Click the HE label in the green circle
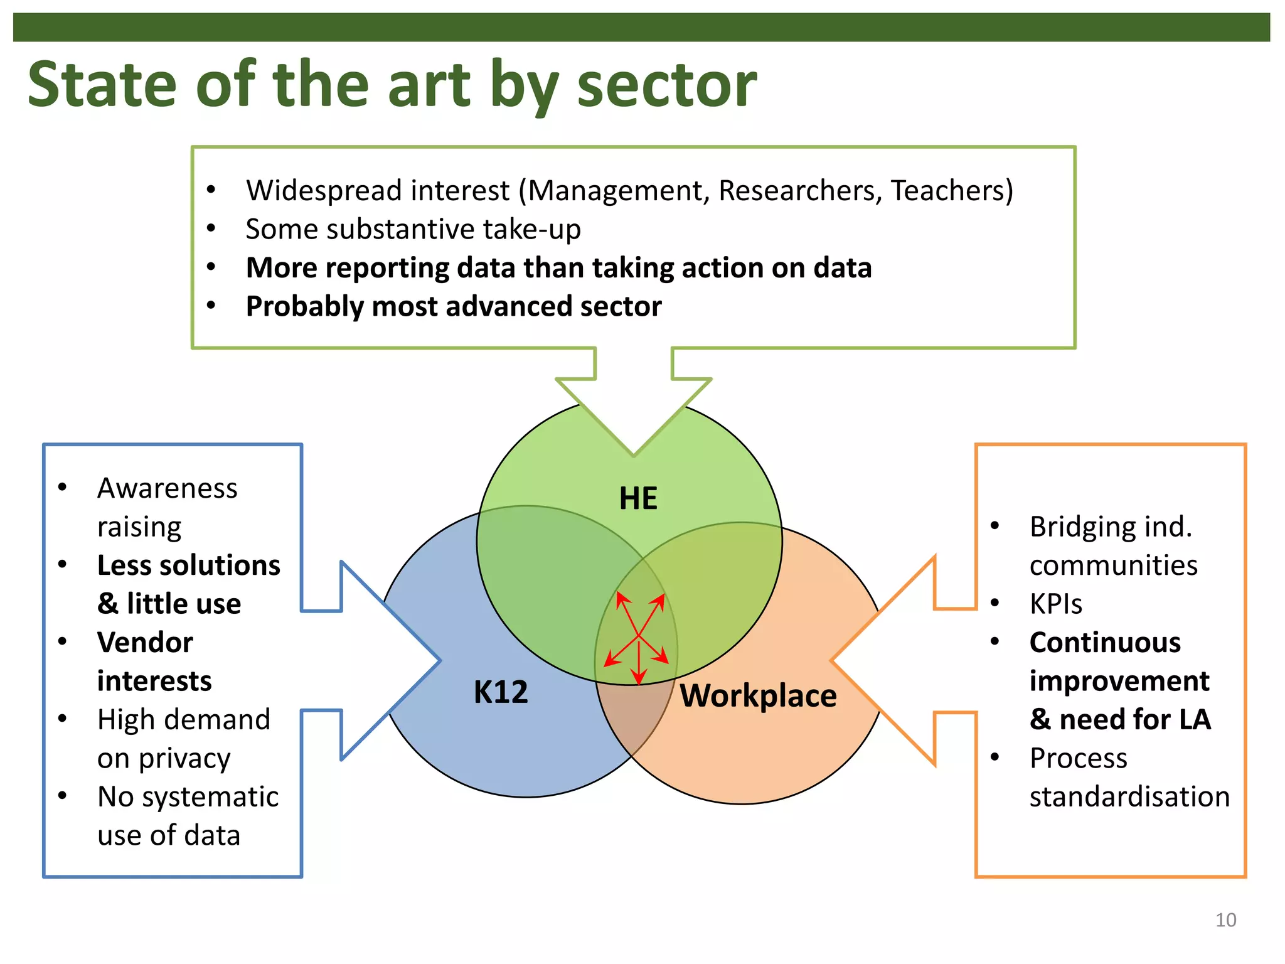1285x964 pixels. tap(638, 498)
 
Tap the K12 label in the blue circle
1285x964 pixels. tap(501, 692)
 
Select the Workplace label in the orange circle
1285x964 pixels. tap(758, 695)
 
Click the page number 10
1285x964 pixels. tap(1225, 920)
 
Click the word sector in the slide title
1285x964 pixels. tap(666, 84)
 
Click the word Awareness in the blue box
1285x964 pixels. tap(168, 488)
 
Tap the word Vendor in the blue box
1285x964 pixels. tap(145, 642)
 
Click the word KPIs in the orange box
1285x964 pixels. tap(1056, 604)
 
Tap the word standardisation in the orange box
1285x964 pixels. tap(1129, 796)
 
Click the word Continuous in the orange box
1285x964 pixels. tap(1105, 642)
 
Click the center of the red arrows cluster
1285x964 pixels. tap(638, 636)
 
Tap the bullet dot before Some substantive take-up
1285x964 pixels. tap(211, 228)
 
